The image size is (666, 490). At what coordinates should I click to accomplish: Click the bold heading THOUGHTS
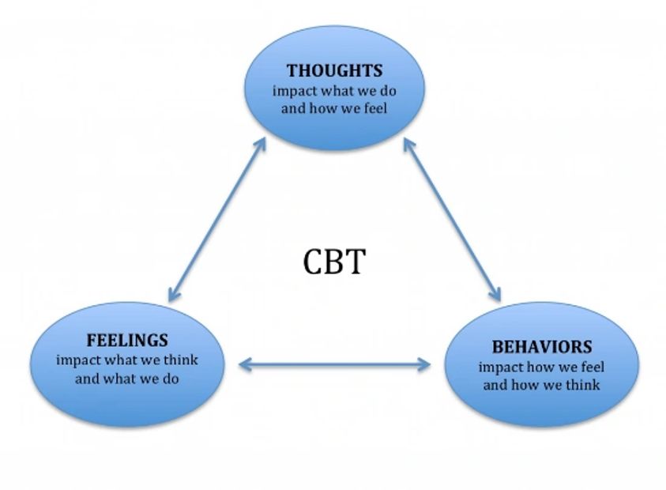(334, 72)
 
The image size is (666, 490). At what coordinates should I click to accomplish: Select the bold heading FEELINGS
(126, 341)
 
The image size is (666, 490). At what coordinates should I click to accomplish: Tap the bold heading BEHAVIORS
(541, 347)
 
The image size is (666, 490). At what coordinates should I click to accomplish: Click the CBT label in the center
(334, 262)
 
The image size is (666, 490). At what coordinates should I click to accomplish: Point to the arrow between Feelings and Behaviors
(334, 364)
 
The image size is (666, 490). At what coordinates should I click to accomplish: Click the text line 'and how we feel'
(334, 107)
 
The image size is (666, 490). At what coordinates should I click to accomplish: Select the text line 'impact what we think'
(126, 360)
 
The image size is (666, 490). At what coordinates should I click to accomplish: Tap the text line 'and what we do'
(126, 378)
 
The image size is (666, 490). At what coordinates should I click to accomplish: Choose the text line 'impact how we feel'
(541, 367)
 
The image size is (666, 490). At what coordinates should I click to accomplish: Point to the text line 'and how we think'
(541, 385)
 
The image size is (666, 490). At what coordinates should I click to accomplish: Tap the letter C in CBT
(314, 262)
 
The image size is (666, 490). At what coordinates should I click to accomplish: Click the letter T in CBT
(356, 262)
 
